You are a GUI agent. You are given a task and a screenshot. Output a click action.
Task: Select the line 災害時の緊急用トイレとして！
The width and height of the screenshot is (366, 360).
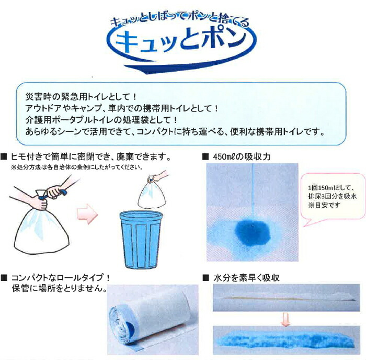click(x=81, y=97)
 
